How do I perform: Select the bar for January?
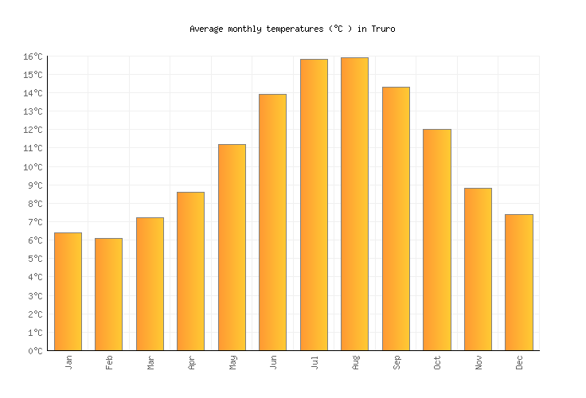[x=68, y=291]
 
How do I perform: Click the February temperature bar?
[x=108, y=295]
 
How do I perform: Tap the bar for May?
[x=232, y=247]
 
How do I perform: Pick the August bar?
[x=354, y=204]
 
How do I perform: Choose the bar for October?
[x=436, y=240]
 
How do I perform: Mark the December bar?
[x=518, y=282]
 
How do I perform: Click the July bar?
[x=314, y=205]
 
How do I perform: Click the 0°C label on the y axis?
[x=36, y=351]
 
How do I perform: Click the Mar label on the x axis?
[x=150, y=362]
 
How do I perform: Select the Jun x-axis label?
[x=273, y=362]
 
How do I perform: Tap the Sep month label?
[x=397, y=362]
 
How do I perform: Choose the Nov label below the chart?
[x=479, y=362]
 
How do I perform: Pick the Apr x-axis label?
[x=191, y=362]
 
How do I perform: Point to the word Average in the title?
[x=206, y=29]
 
